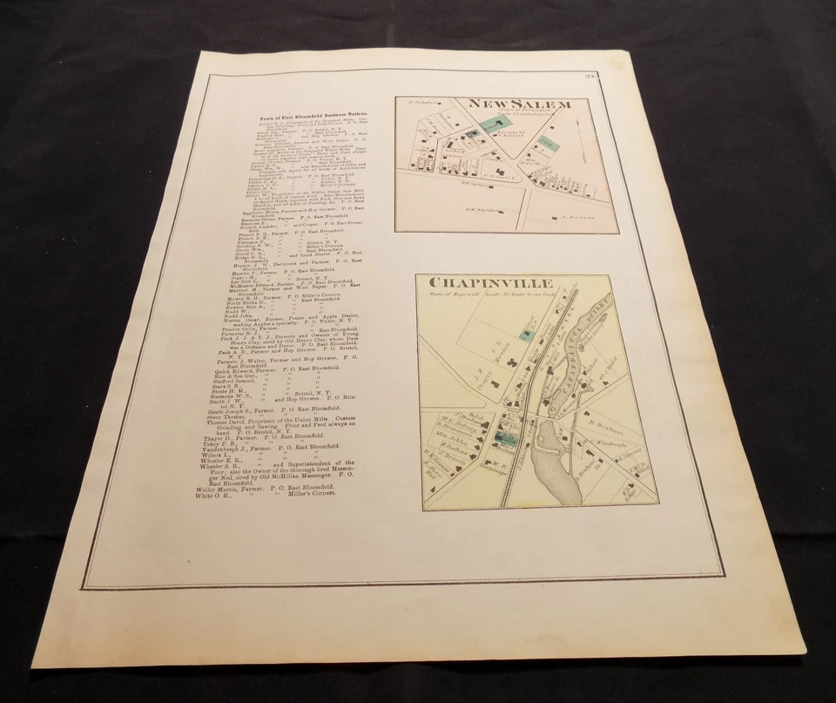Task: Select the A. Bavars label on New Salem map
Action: point(575,217)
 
